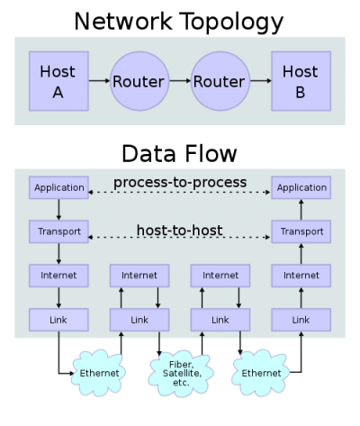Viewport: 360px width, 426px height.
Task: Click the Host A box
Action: click(58, 81)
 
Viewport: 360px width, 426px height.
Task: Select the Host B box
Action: click(301, 81)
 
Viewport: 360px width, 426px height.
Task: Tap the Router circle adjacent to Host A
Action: click(139, 81)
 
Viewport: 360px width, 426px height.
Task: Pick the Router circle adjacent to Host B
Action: click(220, 81)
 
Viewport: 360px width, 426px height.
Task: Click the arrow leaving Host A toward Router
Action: click(98, 81)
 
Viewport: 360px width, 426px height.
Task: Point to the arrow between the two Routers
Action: click(179, 81)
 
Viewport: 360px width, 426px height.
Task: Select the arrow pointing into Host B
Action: click(260, 81)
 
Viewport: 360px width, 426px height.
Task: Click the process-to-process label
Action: click(180, 183)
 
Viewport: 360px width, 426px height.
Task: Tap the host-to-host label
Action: click(180, 230)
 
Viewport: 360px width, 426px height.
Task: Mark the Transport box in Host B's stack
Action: click(301, 231)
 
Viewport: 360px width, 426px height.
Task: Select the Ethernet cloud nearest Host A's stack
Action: click(99, 370)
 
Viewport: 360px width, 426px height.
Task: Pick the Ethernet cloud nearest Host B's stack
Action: click(261, 370)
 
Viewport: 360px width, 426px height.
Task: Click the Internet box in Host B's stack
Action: click(301, 275)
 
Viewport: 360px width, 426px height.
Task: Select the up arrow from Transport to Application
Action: click(301, 210)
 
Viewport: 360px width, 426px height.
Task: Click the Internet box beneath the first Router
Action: click(139, 275)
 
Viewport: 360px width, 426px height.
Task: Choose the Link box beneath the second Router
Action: click(220, 319)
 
